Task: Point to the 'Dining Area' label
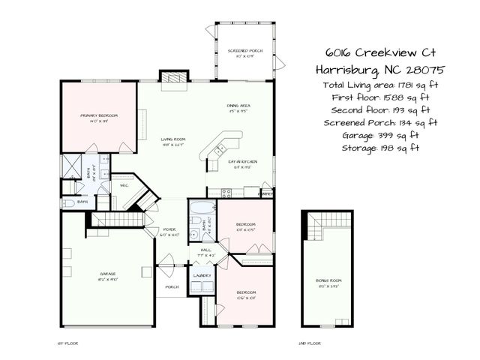tap(238, 106)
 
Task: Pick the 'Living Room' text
tap(174, 139)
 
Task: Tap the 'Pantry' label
tap(265, 193)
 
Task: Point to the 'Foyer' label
tap(170, 231)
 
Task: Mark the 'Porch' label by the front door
tap(172, 286)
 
